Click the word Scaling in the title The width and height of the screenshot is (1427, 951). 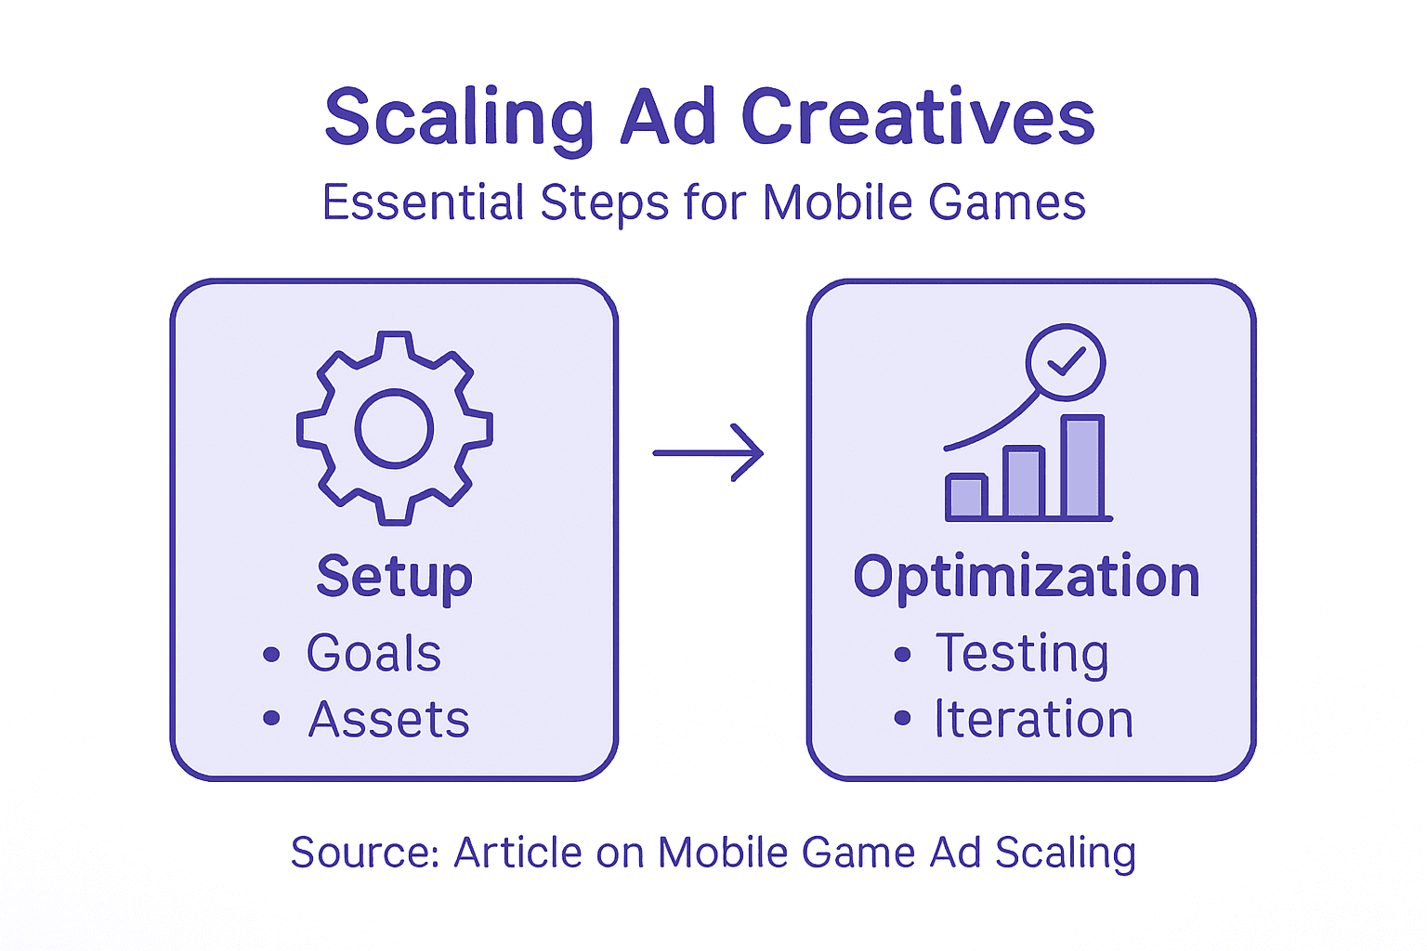point(459,118)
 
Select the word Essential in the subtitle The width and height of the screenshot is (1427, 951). point(423,202)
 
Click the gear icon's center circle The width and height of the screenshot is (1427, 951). point(394,428)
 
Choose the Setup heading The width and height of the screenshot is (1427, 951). point(394,577)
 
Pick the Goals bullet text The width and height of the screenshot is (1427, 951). point(373,653)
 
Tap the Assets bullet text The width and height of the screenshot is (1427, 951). point(388,720)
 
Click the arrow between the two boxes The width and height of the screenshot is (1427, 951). point(708,453)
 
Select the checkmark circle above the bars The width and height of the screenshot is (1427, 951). point(1066,362)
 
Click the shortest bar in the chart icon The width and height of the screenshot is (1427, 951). point(966,497)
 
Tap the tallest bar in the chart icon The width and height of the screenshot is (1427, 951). point(1082,467)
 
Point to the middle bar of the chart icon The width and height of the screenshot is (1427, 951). point(1024,483)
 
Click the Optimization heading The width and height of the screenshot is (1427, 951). point(1027,577)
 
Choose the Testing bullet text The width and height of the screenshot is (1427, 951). point(1022,653)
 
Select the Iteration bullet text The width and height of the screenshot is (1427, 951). point(1033,720)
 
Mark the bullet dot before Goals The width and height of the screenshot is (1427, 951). point(271,655)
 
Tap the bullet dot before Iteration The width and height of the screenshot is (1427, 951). point(902,719)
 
